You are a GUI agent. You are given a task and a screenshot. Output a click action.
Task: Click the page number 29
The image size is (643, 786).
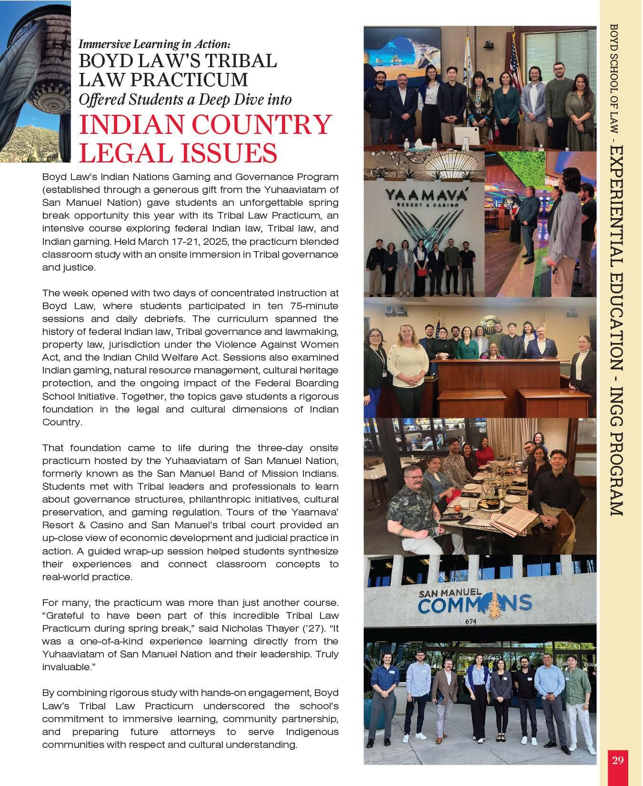tap(617, 760)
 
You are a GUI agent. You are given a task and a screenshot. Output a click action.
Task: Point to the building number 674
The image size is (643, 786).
tap(471, 621)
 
